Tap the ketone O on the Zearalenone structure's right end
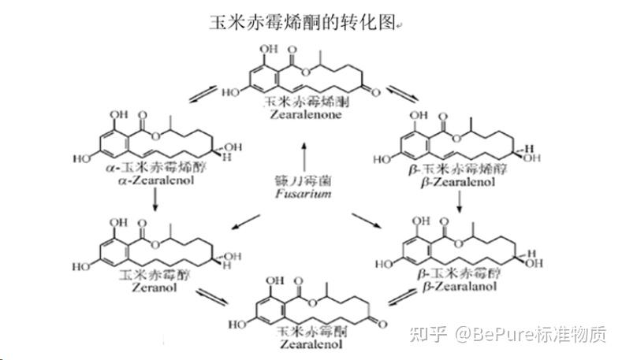click(375, 91)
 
